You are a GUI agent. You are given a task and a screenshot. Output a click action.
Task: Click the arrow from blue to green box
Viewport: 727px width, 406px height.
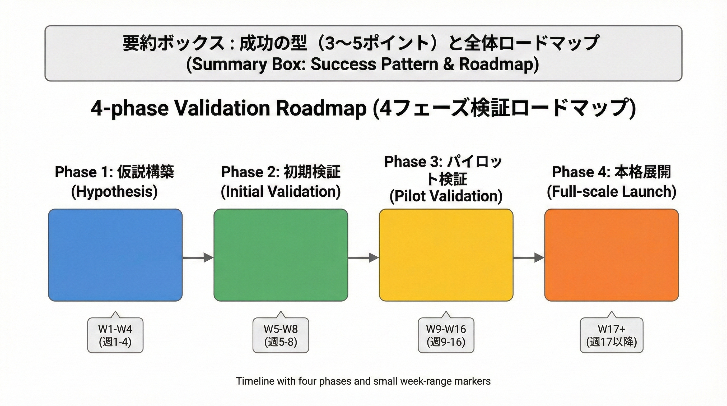coord(198,257)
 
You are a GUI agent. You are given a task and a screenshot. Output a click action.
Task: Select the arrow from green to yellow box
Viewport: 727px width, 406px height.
coord(363,257)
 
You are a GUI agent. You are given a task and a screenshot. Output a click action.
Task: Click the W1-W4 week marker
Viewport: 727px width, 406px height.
coord(115,335)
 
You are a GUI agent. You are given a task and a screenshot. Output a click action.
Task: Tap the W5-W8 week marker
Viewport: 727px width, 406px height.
coord(281,335)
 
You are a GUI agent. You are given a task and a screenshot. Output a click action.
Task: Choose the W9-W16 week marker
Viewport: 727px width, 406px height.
coord(446,335)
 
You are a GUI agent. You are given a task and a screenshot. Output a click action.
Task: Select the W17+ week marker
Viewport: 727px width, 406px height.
coord(611,335)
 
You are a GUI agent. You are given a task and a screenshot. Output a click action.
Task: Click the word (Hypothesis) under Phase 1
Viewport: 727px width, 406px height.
coord(114,192)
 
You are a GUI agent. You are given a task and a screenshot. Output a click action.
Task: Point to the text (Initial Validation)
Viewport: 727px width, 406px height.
coord(281,192)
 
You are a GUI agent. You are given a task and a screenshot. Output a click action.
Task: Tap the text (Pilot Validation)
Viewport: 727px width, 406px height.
coord(446,196)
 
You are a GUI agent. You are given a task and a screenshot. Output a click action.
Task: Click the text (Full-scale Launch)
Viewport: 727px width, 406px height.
coord(611,192)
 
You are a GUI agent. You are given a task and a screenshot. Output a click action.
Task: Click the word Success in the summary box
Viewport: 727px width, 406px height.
coord(343,64)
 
